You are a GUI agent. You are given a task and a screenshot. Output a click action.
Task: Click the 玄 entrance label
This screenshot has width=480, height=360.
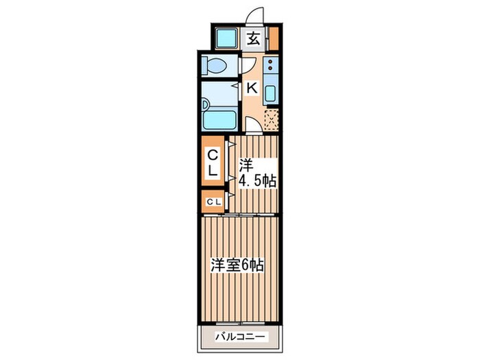[253, 38]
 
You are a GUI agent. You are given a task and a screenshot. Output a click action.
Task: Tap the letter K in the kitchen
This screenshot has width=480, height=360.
[252, 87]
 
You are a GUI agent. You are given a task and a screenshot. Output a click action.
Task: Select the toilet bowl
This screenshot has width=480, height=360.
[215, 67]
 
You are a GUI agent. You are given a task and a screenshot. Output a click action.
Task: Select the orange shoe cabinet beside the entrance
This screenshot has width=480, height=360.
[274, 38]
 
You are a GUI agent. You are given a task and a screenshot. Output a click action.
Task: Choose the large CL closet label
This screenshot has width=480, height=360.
[213, 162]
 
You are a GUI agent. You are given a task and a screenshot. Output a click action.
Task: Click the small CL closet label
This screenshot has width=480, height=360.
[213, 201]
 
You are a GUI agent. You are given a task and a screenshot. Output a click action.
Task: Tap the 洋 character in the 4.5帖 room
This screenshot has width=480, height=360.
[245, 165]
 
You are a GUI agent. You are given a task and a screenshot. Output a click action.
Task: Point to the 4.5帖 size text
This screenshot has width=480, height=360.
[257, 182]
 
